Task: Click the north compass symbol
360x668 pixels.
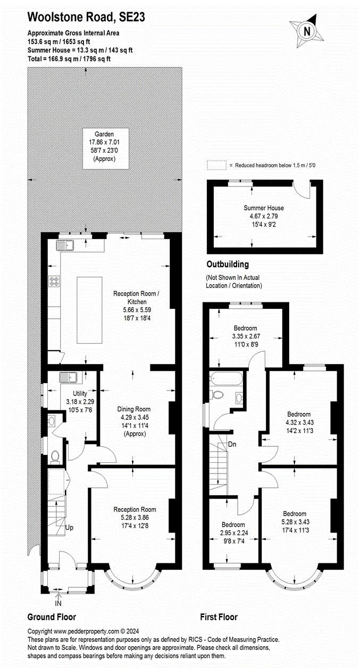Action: (x=306, y=31)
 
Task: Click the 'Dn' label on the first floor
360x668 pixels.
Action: (x=232, y=444)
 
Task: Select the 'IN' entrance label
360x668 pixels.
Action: (x=58, y=604)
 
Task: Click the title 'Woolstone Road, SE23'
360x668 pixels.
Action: (x=86, y=18)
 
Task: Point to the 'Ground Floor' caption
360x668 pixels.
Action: (x=52, y=617)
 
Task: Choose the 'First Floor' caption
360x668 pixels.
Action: (x=219, y=617)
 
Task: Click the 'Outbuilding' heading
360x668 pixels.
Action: (x=227, y=264)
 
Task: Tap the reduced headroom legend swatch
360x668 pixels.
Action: (x=216, y=165)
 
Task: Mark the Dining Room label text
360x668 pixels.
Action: (x=133, y=409)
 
